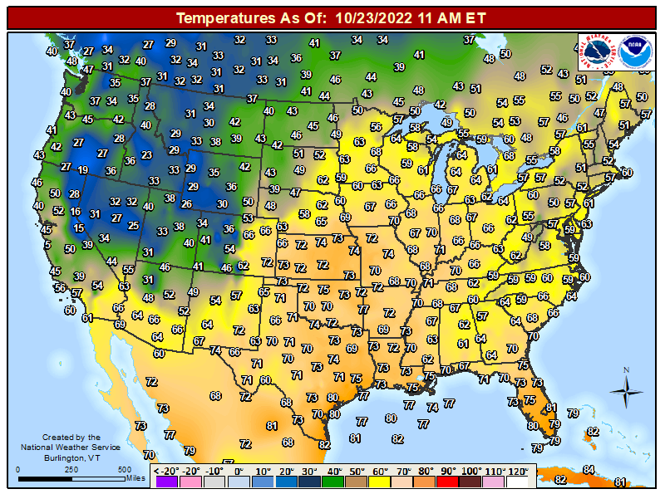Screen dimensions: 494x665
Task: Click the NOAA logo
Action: coord(638,51)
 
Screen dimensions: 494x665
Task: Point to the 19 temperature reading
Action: coord(82,170)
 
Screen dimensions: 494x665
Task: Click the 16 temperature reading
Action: coord(76,213)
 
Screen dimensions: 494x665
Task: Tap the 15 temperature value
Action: coord(77,228)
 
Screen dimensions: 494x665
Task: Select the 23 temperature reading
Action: coord(147,154)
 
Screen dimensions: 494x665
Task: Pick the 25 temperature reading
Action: coord(133,225)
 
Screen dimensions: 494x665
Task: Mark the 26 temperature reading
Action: coord(187,204)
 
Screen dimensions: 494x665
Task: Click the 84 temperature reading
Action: coord(589,470)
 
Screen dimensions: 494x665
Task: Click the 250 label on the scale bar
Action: coord(71,470)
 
